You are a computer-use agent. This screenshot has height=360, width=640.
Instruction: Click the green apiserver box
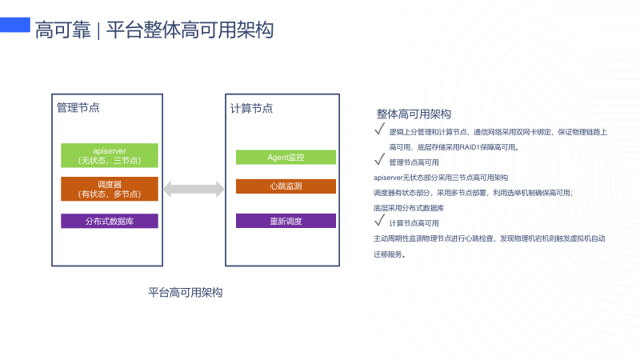pos(110,155)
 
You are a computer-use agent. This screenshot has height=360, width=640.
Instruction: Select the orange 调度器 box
pos(110,189)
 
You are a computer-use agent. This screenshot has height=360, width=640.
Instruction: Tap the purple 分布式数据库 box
pos(110,221)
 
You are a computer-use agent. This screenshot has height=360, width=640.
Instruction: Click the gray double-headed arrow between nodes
pos(193,190)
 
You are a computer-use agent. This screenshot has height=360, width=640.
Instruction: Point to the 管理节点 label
pos(78,107)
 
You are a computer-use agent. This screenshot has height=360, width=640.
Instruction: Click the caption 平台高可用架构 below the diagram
pos(185,293)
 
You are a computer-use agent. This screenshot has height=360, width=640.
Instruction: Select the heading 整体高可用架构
pos(414,114)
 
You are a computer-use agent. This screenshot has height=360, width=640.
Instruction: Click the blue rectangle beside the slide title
pos(15,26)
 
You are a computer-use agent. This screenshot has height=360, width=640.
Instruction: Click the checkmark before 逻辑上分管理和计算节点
pos(379,130)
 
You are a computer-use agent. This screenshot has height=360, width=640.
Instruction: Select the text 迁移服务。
pos(389,254)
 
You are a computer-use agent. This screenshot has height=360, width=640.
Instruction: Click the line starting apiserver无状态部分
pos(441,178)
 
